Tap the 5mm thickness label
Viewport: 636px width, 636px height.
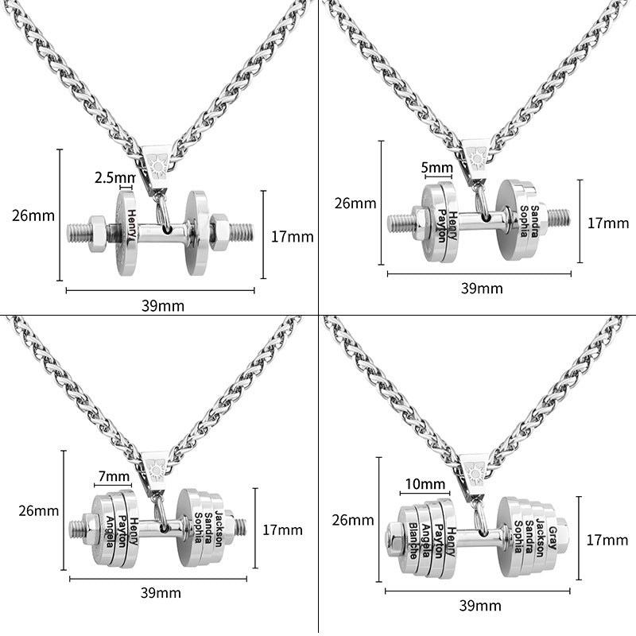[436, 169]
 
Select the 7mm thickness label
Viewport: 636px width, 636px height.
[113, 476]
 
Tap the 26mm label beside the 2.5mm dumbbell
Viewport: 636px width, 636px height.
[29, 214]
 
